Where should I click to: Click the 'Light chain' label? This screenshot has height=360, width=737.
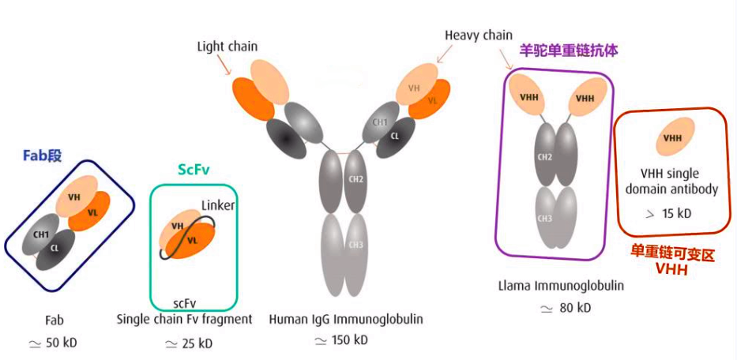[x=227, y=47]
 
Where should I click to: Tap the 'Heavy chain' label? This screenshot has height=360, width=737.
[x=478, y=36]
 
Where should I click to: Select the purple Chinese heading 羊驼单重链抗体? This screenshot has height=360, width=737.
[x=568, y=50]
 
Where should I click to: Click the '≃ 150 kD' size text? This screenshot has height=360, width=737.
[x=341, y=340]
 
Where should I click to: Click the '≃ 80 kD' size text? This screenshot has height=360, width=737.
[x=568, y=308]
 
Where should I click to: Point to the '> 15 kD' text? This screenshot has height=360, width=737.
[x=667, y=213]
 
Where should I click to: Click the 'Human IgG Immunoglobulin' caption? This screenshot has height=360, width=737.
[x=346, y=320]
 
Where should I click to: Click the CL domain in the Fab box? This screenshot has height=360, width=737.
[x=55, y=249]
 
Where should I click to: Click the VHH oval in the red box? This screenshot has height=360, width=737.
[x=672, y=138]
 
